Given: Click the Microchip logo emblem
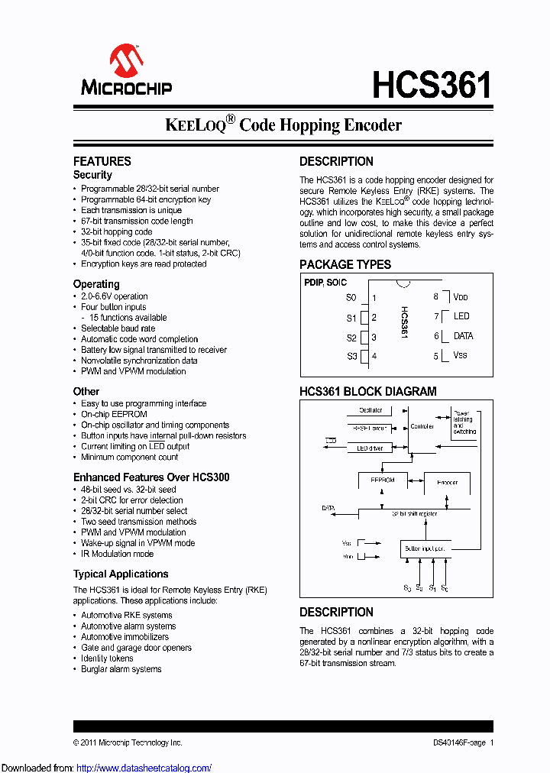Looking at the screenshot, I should pos(126,59).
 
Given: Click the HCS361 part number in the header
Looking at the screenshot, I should pos(432,85).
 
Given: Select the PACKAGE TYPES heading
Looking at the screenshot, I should pos(345,264).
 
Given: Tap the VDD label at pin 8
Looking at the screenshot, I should pos(460,297).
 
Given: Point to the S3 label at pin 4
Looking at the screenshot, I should pos(351,356).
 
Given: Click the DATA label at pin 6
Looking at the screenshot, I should pos(463,336).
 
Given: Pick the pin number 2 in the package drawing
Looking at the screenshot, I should pos(374,318).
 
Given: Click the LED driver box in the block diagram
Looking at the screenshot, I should pos(370,448).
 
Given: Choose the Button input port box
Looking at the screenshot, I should pos(425,548).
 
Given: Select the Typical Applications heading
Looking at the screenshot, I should pos(121,574).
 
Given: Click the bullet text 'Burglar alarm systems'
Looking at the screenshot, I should pos(121,669).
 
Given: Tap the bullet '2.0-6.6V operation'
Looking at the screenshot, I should pos(115,296).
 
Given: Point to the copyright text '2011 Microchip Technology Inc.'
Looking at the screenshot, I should pos(131,742).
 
